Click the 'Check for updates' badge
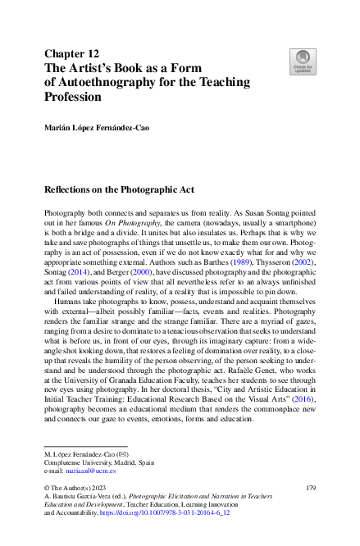[x=303, y=60]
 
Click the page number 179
[x=310, y=487]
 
